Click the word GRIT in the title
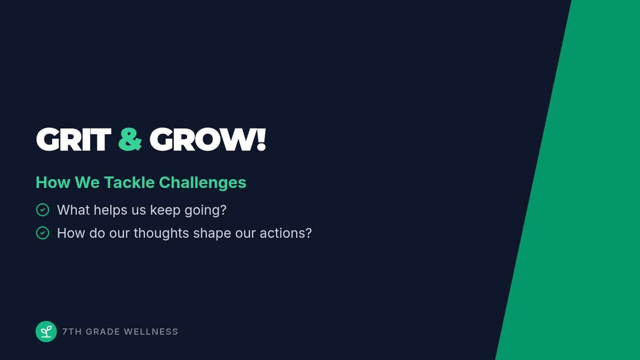click(74, 139)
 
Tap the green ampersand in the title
click(130, 139)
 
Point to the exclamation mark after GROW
click(261, 139)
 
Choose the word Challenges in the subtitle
click(203, 183)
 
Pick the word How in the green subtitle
click(53, 182)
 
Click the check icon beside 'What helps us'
click(43, 210)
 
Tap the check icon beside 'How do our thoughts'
click(43, 233)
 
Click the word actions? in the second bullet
click(286, 233)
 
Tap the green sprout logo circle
click(46, 331)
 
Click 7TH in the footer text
click(72, 332)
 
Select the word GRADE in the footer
click(103, 332)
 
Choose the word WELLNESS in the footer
click(151, 332)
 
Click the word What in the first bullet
click(74, 210)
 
